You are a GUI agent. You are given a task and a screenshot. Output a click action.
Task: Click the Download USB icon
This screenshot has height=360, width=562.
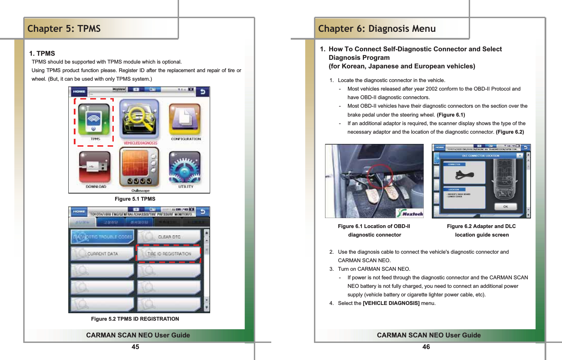pos(95,167)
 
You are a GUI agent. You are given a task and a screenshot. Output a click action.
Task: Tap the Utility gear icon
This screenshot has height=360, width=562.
pos(185,167)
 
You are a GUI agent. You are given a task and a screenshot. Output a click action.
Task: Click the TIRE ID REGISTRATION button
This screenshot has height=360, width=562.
pos(169,254)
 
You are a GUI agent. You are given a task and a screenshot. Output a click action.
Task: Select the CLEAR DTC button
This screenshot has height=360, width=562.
pos(169,237)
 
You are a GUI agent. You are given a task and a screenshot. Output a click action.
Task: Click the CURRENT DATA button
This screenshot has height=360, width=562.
pos(102,254)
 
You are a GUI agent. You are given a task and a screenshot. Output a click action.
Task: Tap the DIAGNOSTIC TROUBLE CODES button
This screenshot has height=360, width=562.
pos(102,237)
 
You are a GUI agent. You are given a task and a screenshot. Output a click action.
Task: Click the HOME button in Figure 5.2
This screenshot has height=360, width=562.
pos(79,212)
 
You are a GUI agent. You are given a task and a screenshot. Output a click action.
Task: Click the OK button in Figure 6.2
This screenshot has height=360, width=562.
pos(505,206)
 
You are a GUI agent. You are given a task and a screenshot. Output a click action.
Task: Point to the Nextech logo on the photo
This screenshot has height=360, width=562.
pos(410,213)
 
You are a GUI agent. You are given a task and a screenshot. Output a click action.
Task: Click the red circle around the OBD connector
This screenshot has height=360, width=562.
pos(380,176)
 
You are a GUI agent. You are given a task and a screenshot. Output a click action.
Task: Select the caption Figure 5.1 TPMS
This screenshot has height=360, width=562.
pos(135,199)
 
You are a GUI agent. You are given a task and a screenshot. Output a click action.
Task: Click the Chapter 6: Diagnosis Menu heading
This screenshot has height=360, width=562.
pos(377,29)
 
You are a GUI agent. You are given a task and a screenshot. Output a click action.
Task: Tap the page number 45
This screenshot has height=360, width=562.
pos(135,347)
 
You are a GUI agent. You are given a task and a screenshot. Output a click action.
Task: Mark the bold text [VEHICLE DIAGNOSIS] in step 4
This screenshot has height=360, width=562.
pos(391,303)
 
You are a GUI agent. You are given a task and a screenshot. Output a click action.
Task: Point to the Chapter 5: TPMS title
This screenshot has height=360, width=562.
pos(64,29)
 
